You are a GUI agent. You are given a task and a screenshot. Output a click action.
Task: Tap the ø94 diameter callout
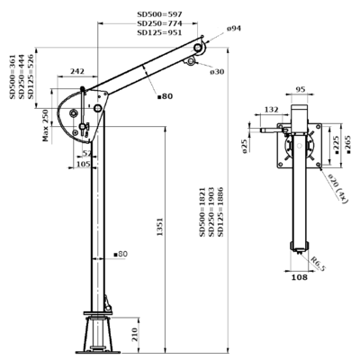[233, 29]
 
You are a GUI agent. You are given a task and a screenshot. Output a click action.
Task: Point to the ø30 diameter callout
[217, 72]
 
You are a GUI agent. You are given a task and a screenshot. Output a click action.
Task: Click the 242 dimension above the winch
[76, 71]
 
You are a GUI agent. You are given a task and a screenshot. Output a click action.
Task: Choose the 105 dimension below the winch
[84, 164]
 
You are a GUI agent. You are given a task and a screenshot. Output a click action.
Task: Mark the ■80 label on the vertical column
[119, 255]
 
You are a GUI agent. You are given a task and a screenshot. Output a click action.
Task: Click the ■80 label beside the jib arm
[164, 95]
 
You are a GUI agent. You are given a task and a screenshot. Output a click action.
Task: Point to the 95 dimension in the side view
[300, 89]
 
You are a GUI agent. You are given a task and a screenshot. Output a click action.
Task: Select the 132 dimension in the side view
[272, 110]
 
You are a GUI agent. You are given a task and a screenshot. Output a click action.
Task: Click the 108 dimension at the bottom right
[299, 279]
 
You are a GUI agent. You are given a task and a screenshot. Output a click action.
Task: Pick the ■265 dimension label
[346, 147]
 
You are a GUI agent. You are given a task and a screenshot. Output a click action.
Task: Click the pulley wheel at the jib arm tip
[206, 40]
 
